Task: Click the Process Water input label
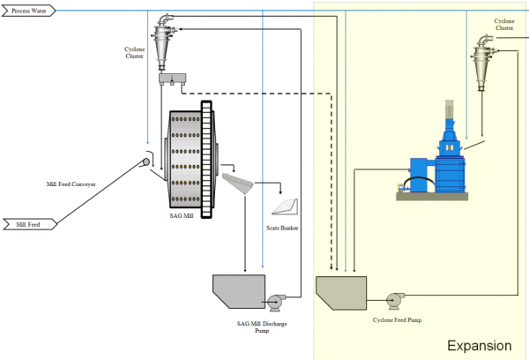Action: [30, 11]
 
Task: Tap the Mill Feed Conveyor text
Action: [71, 184]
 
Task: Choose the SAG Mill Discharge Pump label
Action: [263, 328]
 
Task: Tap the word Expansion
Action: [479, 346]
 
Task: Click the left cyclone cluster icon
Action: [164, 40]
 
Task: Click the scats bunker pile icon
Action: [285, 206]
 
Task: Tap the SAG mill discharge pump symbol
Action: [277, 301]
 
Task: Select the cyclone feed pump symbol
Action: [393, 298]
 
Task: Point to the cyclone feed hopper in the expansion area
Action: [341, 292]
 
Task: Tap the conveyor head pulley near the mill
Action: [145, 162]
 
